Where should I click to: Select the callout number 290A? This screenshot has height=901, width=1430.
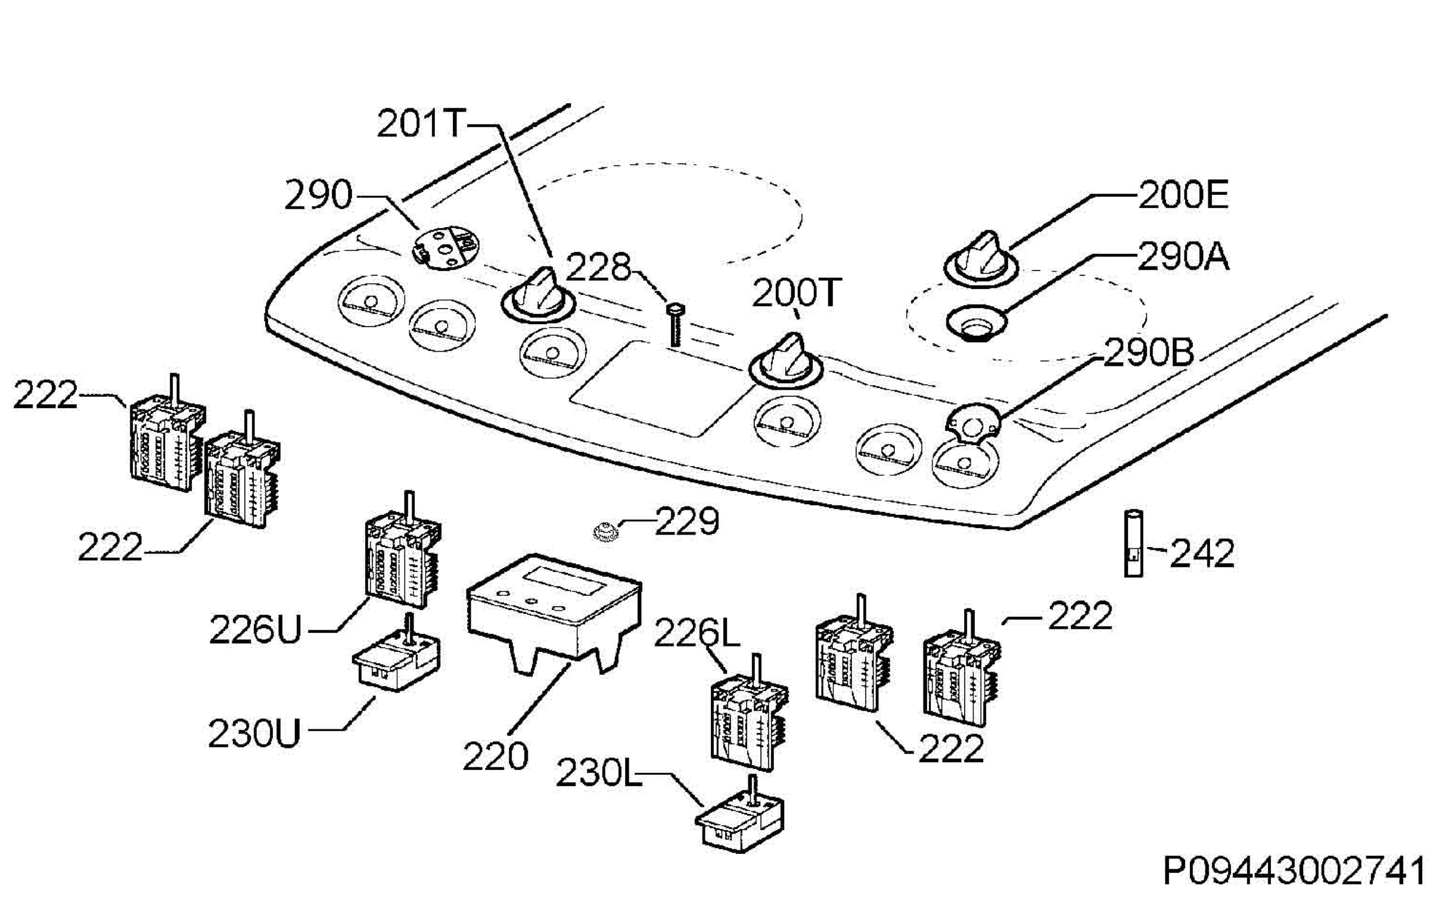pos(1183,257)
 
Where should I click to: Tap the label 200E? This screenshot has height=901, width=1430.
pos(1183,195)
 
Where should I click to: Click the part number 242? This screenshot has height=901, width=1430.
pos(1202,554)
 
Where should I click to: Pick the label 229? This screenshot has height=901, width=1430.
pos(687,521)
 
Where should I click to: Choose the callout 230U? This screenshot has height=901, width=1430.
pos(255,734)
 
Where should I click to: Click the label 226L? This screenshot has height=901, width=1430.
pos(697,633)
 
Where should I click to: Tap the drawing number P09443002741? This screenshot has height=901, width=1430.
pos(1295,872)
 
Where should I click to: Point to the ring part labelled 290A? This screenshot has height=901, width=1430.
pos(977,323)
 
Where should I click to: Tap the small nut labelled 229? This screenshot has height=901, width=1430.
pos(606,530)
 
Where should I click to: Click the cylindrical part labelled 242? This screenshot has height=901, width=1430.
pos(1133,543)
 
